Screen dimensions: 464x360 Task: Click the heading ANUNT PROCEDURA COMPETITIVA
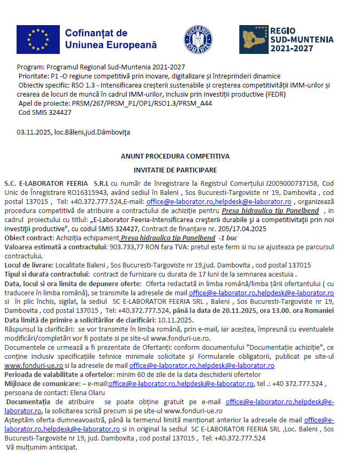(x=175, y=156)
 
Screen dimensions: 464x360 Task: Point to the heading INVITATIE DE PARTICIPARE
(x=175, y=170)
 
